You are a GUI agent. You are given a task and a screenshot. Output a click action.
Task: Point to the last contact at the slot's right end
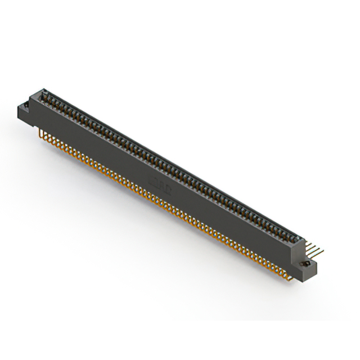click(290, 231)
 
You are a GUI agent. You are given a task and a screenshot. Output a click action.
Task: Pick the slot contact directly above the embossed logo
click(160, 160)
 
